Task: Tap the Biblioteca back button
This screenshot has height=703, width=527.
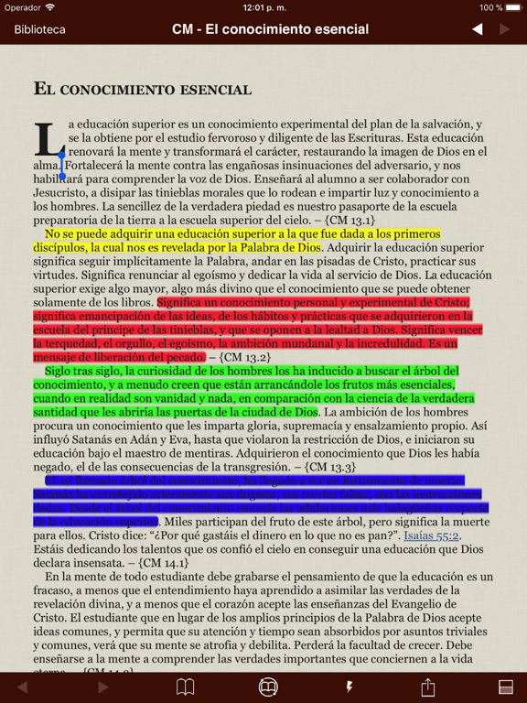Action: [39, 29]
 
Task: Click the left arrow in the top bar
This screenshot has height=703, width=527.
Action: [477, 29]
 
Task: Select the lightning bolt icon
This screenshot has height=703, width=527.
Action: [349, 687]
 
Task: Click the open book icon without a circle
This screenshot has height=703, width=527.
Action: [185, 687]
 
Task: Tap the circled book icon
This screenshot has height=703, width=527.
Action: [268, 687]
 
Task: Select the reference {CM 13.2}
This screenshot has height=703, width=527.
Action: [243, 357]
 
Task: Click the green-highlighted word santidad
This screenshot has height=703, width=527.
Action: [58, 412]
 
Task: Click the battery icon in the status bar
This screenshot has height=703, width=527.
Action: [511, 7]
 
